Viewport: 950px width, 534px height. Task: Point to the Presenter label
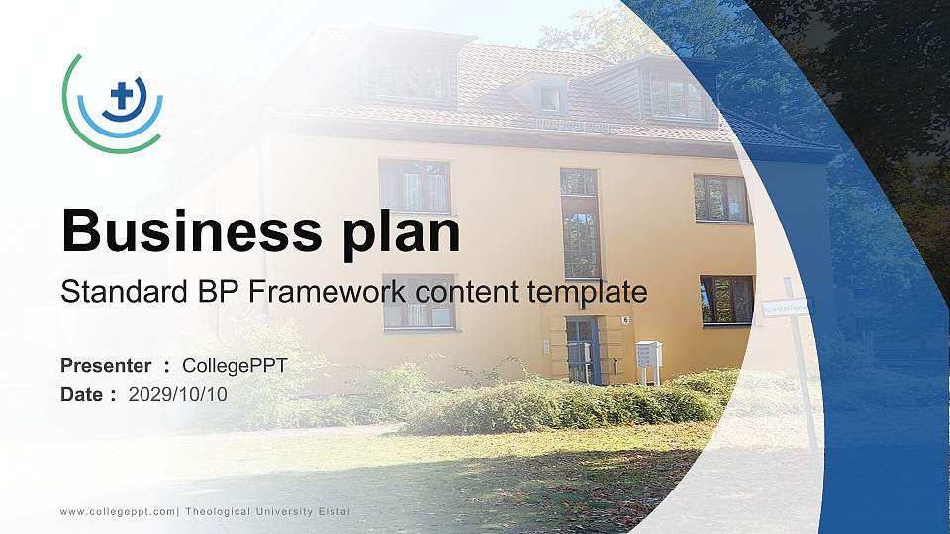coord(106,366)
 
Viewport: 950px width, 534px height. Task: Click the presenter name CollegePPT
coord(236,366)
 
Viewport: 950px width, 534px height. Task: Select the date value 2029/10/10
coord(178,394)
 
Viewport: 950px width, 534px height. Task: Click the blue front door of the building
coord(583,350)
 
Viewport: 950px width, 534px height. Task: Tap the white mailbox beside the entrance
coord(649,354)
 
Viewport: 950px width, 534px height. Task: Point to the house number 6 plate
coord(625,320)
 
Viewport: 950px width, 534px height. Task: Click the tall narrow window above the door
coord(581,225)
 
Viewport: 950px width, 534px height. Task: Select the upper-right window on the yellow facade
coord(720,198)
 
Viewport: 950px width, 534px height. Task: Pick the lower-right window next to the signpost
coord(726,300)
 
